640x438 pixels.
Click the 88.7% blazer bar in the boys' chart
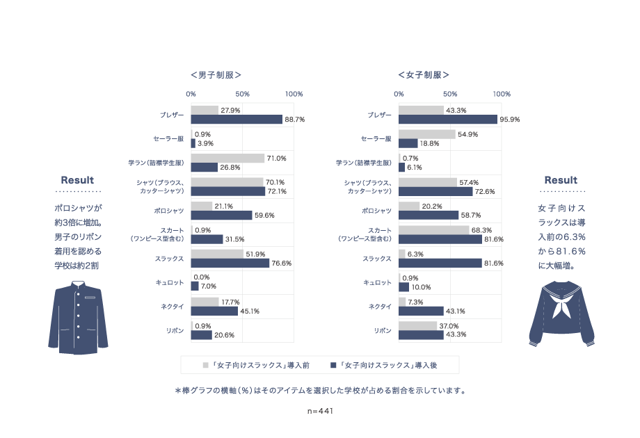(x=237, y=120)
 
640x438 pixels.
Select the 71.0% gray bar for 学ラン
(x=227, y=158)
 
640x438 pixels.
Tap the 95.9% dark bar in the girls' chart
(x=448, y=120)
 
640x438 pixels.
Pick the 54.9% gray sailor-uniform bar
(x=427, y=134)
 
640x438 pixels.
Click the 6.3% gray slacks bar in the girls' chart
(x=402, y=254)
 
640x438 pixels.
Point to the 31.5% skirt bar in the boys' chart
(x=207, y=239)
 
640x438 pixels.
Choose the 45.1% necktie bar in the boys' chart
(x=214, y=311)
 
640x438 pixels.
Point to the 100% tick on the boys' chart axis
(x=294, y=94)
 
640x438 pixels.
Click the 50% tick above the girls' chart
(x=450, y=94)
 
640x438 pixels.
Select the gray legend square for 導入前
(x=206, y=364)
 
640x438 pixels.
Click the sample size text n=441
(x=321, y=411)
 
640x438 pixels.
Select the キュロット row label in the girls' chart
(x=378, y=282)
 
